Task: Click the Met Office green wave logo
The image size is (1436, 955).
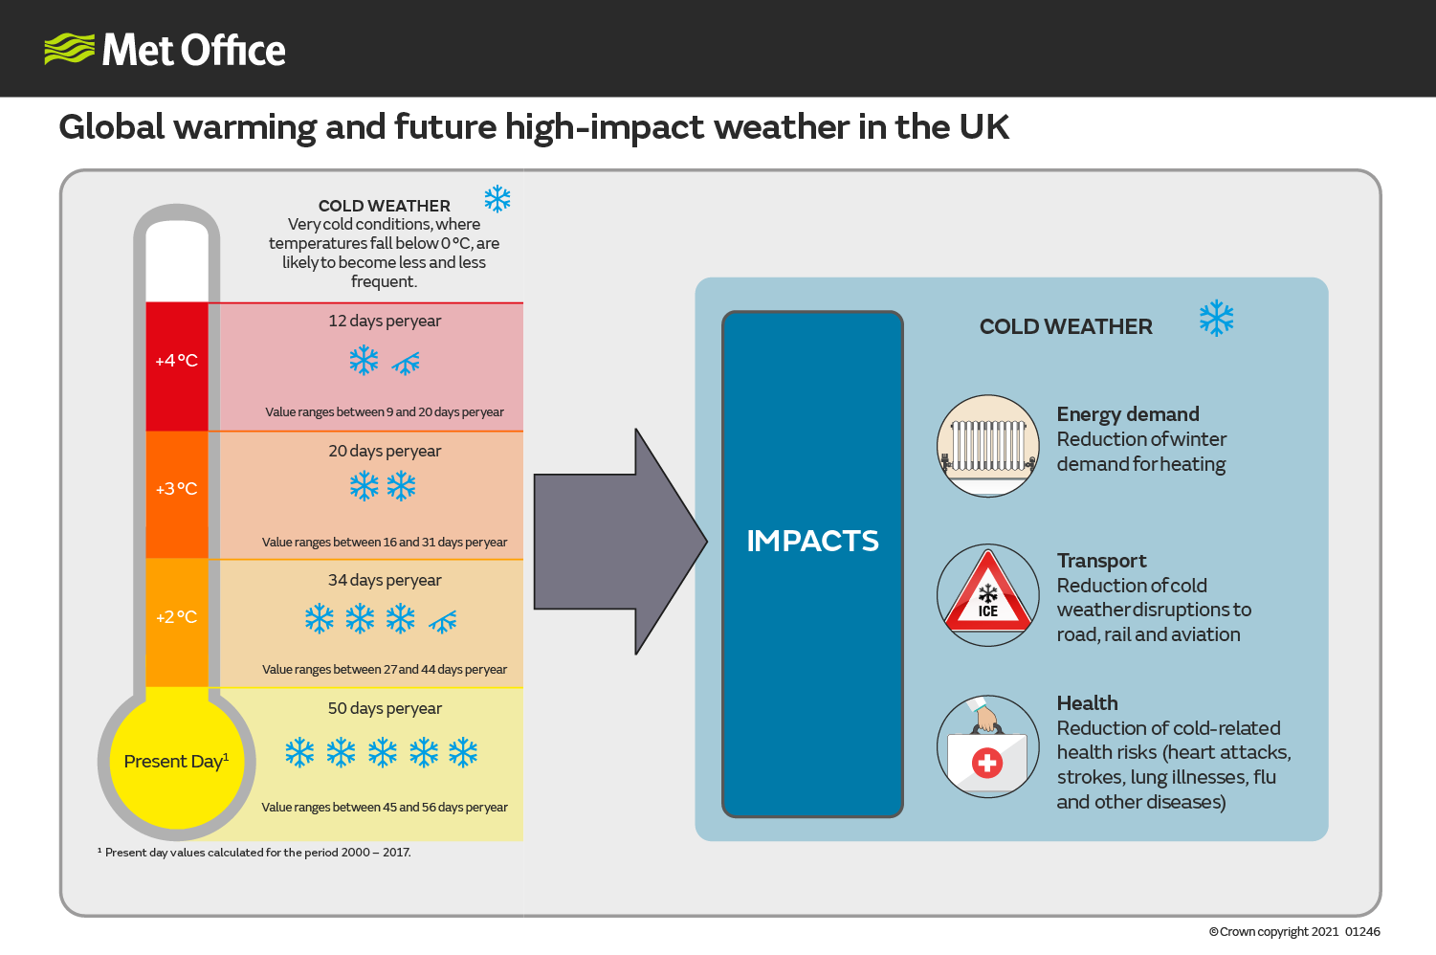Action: pyautogui.click(x=69, y=49)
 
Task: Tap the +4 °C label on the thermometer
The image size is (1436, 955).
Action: pyautogui.click(x=176, y=361)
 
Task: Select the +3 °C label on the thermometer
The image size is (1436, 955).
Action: pyautogui.click(x=176, y=489)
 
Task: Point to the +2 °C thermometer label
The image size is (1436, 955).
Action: pyautogui.click(x=176, y=617)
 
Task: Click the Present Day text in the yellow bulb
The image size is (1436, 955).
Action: pyautogui.click(x=176, y=762)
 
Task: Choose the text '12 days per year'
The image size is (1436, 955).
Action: pyautogui.click(x=385, y=321)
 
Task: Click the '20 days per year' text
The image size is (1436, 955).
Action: pyautogui.click(x=385, y=451)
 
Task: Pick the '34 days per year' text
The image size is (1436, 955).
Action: pyautogui.click(x=385, y=580)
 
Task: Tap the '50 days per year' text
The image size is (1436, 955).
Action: pyautogui.click(x=385, y=708)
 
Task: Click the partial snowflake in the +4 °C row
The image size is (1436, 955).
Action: pyautogui.click(x=407, y=364)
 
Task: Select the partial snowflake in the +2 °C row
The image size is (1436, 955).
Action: pyautogui.click(x=443, y=621)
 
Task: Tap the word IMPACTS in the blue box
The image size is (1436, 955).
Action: pyautogui.click(x=812, y=541)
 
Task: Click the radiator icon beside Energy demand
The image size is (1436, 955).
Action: pyautogui.click(x=988, y=446)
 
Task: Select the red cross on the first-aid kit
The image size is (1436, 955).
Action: pyautogui.click(x=987, y=763)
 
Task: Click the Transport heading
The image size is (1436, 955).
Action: pyautogui.click(x=1101, y=561)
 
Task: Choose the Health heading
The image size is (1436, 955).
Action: pyautogui.click(x=1087, y=703)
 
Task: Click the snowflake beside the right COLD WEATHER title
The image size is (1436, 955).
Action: pyautogui.click(x=1216, y=318)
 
